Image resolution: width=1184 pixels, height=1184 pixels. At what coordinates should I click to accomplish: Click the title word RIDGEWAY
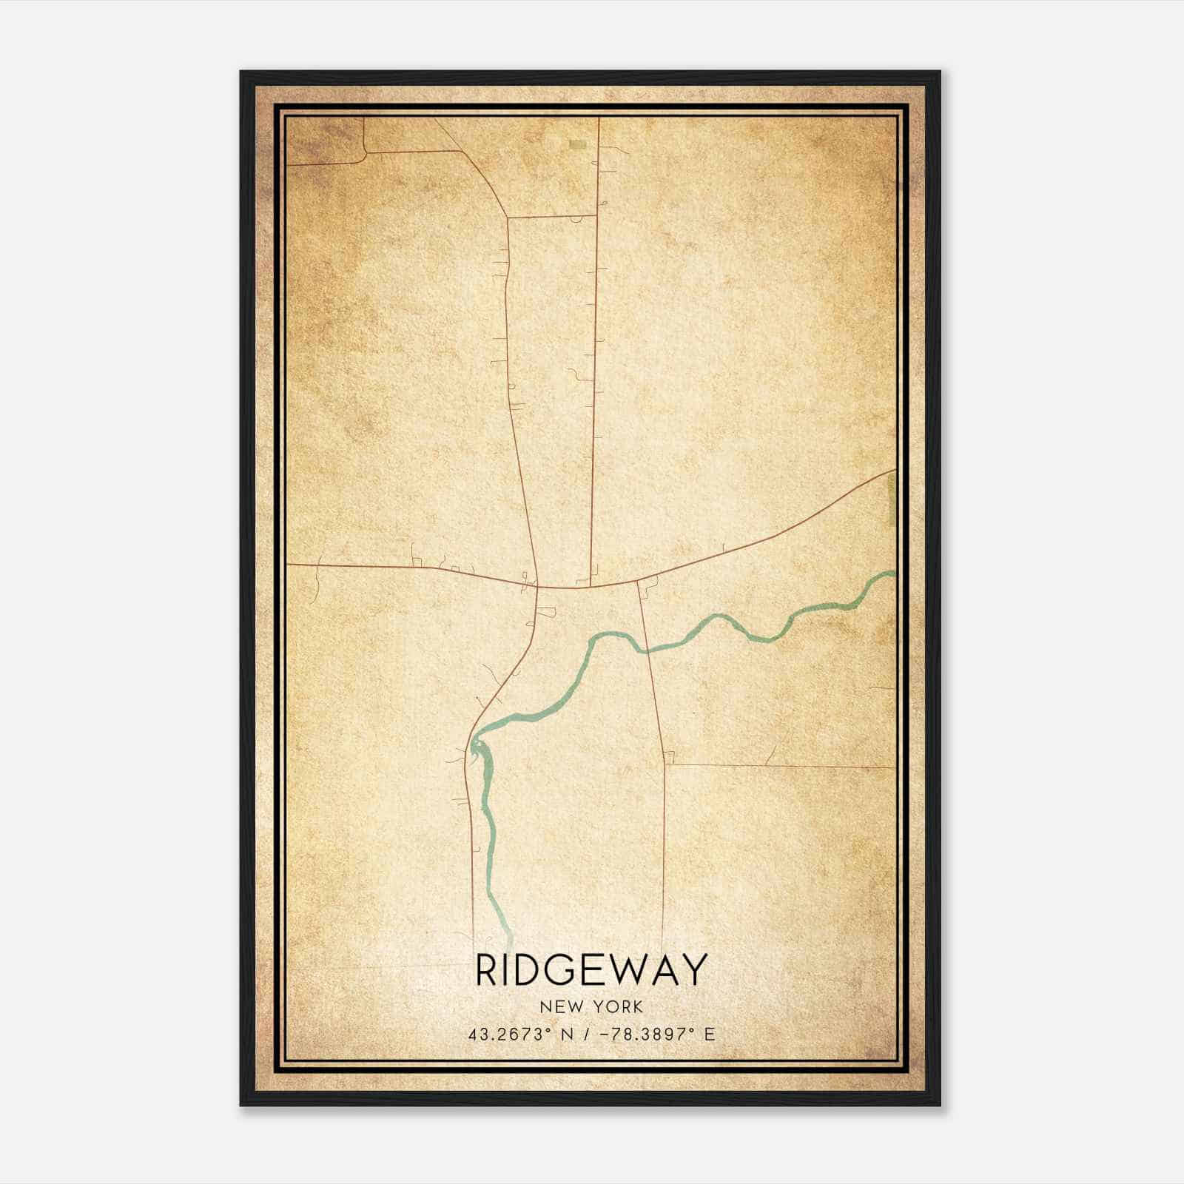click(591, 970)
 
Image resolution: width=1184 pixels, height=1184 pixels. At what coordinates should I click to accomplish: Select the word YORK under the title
click(617, 1007)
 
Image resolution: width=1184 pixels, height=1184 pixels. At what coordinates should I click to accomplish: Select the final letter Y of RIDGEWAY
click(693, 970)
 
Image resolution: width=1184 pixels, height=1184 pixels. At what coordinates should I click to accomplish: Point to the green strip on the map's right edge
click(891, 499)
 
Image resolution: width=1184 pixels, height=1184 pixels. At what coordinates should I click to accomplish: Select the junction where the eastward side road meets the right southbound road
click(665, 764)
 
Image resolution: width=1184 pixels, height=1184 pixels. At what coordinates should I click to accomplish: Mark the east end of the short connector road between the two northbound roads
click(596, 216)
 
